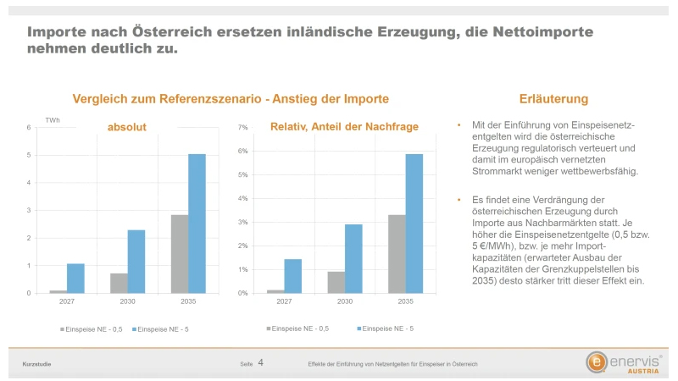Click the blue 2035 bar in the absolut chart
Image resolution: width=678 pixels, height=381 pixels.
tap(197, 224)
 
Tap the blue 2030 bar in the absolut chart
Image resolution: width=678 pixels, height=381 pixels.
tap(136, 262)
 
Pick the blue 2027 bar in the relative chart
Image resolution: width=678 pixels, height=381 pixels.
tap(293, 276)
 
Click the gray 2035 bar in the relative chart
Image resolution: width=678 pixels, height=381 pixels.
tap(397, 254)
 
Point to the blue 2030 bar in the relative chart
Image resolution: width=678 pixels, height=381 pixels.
tap(353, 259)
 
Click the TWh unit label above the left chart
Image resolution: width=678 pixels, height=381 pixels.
tap(53, 120)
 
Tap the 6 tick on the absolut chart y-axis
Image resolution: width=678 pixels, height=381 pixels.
tap(29, 128)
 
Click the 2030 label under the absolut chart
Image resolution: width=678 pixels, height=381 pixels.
tap(127, 301)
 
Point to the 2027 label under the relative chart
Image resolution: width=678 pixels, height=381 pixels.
tap(284, 301)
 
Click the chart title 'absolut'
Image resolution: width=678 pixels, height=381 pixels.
tap(126, 127)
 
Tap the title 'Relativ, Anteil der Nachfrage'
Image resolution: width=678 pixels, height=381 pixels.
tap(344, 127)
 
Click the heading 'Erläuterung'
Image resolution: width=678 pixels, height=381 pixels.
tap(553, 99)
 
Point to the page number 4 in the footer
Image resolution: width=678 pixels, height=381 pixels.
tap(260, 362)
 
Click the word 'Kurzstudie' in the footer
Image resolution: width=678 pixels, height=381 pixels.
tap(36, 364)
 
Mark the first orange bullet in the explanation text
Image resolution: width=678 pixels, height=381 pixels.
tap(458, 125)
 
